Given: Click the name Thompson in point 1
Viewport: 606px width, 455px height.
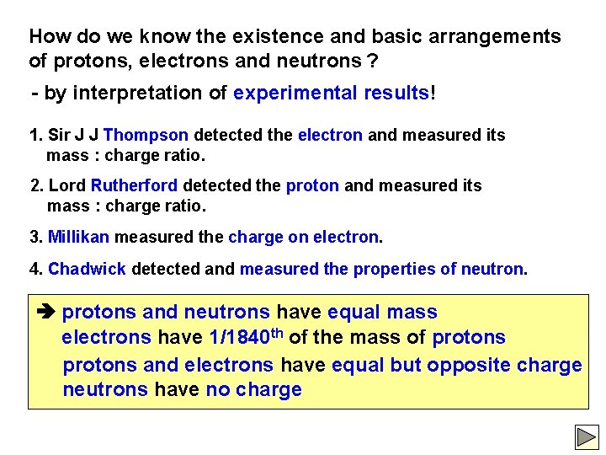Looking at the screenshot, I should coord(146,135).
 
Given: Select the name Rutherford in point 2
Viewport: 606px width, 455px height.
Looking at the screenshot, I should coord(135,185).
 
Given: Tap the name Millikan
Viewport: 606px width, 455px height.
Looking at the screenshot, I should coord(78,238).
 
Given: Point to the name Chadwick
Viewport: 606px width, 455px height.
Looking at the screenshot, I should coord(88,270).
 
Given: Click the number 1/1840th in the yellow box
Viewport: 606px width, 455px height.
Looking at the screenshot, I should coord(245,337).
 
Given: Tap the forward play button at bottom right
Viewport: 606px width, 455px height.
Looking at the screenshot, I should coord(586,436).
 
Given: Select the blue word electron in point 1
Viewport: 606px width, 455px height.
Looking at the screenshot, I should coord(330,135).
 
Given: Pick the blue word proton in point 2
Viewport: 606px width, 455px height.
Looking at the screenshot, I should coord(312,185).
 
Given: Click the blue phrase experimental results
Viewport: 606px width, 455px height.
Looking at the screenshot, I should coord(332,93).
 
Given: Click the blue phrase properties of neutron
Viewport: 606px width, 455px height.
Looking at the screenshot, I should coord(438,270).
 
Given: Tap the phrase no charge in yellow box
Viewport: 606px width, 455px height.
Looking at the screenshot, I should coord(253,390).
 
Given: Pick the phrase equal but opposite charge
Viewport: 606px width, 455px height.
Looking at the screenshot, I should coord(457,365).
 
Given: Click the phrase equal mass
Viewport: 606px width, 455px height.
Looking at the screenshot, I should coord(382,313).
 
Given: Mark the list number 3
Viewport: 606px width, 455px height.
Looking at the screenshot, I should coord(35,238).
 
